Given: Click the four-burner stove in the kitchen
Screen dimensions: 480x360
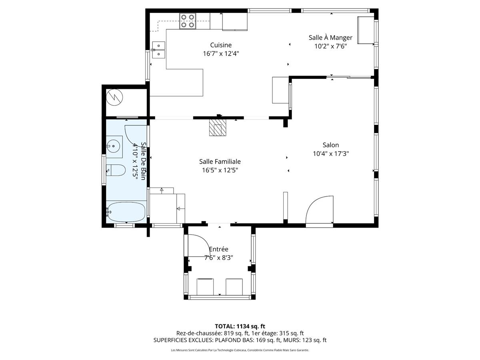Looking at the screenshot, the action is tap(188, 21).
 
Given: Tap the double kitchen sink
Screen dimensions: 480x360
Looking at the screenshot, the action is tap(158, 50).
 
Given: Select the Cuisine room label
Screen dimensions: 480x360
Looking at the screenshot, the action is tap(221, 45).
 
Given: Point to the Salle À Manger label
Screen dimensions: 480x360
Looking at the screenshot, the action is tap(330, 37).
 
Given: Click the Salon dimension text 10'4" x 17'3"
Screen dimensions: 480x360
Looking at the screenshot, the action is tap(331, 154).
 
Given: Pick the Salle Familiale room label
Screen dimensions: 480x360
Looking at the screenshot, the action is tap(220, 162).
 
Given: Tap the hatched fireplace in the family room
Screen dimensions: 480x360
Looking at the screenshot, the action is tap(218, 128).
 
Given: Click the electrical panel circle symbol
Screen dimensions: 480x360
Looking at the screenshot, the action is tap(114, 97).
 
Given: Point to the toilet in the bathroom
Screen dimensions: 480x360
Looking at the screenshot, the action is tap(116, 170).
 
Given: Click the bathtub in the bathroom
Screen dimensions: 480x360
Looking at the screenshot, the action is tap(126, 212).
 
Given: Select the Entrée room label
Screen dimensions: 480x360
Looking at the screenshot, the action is tap(218, 249).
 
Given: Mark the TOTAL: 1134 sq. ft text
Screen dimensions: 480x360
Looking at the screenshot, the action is tap(240, 326).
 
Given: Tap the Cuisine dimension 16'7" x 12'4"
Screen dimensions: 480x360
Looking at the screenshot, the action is tap(221, 54).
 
